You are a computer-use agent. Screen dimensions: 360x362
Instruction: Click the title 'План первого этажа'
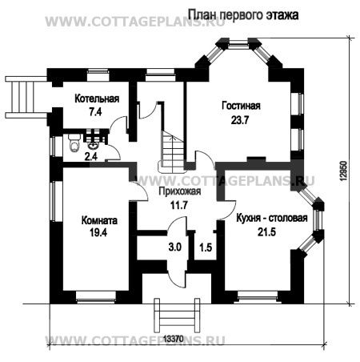pyautogui.click(x=243, y=15)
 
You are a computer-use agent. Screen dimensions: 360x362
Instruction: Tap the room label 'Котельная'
pyautogui.click(x=97, y=99)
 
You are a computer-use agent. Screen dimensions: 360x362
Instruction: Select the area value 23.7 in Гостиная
pyautogui.click(x=240, y=120)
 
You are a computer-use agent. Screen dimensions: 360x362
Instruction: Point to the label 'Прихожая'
pyautogui.click(x=179, y=191)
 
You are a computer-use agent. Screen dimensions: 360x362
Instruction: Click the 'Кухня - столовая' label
pyautogui.click(x=272, y=218)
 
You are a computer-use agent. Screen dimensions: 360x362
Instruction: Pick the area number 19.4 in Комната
pyautogui.click(x=98, y=233)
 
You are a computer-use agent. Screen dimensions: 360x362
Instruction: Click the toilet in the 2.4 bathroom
pyautogui.click(x=74, y=143)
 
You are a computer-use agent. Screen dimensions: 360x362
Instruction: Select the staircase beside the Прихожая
pyautogui.click(x=171, y=152)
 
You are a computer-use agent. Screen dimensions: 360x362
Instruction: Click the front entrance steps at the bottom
pyautogui.click(x=177, y=316)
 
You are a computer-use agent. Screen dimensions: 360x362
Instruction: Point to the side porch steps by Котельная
pyautogui.click(x=26, y=97)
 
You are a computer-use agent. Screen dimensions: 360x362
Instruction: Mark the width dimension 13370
pyautogui.click(x=174, y=339)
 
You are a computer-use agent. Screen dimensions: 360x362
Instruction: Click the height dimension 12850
pyautogui.click(x=344, y=171)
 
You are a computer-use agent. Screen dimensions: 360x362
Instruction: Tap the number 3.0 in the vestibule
pyautogui.click(x=175, y=247)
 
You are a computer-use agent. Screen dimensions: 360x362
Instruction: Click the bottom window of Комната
pyautogui.click(x=96, y=297)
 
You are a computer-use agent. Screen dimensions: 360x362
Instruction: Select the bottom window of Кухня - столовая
pyautogui.click(x=258, y=297)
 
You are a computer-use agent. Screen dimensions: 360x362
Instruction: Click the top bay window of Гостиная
pyautogui.click(x=238, y=44)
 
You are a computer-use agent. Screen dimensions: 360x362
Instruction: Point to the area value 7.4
pyautogui.click(x=95, y=111)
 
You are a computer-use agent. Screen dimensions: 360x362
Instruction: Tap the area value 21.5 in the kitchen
pyautogui.click(x=266, y=232)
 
